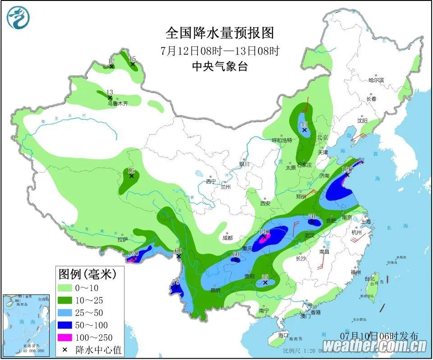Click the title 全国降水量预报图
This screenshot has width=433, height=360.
coord(220,33)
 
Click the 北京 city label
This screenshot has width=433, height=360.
coord(322,137)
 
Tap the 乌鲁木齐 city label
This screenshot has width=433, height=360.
coord(117,103)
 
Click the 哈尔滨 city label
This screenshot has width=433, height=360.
coord(376,80)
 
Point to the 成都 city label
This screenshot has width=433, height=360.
coord(227,237)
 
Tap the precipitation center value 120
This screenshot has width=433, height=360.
coord(347,169)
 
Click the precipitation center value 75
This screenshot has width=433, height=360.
coord(175,282)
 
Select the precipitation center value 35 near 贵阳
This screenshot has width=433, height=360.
coord(265,278)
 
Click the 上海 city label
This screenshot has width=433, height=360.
coord(365,221)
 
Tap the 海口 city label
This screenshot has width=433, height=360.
coord(283,336)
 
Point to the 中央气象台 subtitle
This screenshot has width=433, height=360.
coord(220,66)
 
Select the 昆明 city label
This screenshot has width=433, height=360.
coord(215,290)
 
